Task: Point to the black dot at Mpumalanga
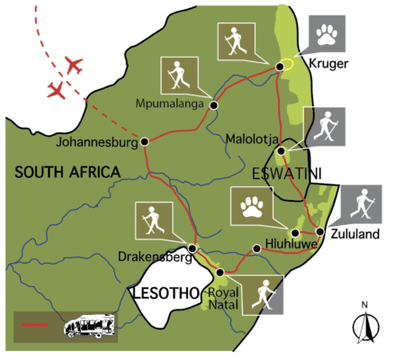click(x=214, y=106)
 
